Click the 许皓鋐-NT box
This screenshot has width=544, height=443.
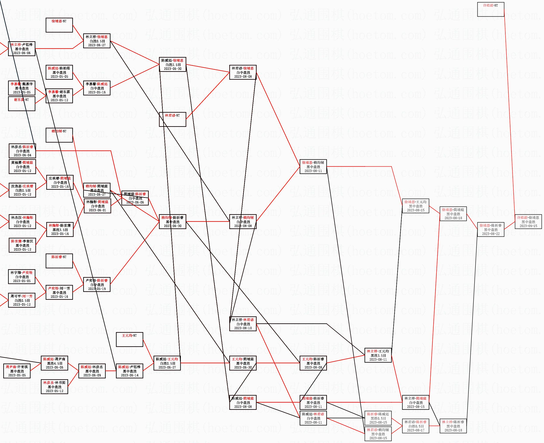point(490,9)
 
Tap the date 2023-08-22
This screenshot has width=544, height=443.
point(491,234)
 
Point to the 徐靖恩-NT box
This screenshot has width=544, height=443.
point(59,25)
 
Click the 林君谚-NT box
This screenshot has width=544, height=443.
point(172,119)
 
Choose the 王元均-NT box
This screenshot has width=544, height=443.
point(130,339)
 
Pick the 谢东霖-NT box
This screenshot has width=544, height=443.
point(21,104)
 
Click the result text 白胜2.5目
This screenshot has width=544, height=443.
point(173,65)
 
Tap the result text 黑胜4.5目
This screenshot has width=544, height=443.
point(54,363)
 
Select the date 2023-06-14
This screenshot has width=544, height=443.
point(130,375)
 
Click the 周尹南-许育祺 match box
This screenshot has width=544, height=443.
point(17,371)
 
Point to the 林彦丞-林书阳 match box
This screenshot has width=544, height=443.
point(54,387)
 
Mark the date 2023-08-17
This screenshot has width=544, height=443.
point(415,430)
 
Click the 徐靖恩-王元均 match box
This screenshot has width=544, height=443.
point(415,206)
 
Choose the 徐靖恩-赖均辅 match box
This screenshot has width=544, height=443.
point(313,167)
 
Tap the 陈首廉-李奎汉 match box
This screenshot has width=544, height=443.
point(22,245)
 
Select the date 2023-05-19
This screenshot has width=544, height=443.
point(97,289)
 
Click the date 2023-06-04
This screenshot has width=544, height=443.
point(22,155)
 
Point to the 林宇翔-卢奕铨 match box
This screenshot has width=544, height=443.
point(22,277)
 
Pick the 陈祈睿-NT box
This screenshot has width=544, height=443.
point(59,261)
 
